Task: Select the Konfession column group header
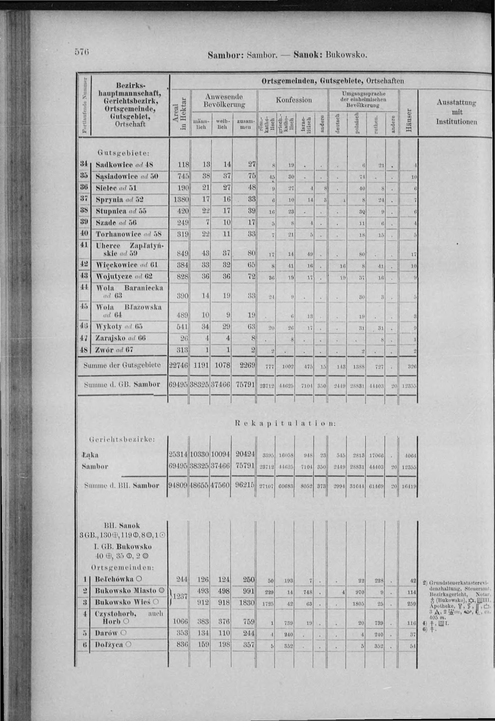(x=294, y=100)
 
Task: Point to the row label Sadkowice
(x=114, y=165)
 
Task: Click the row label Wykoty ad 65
(x=119, y=326)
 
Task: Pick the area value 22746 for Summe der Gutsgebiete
(x=178, y=365)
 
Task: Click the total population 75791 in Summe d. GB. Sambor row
(x=245, y=384)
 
